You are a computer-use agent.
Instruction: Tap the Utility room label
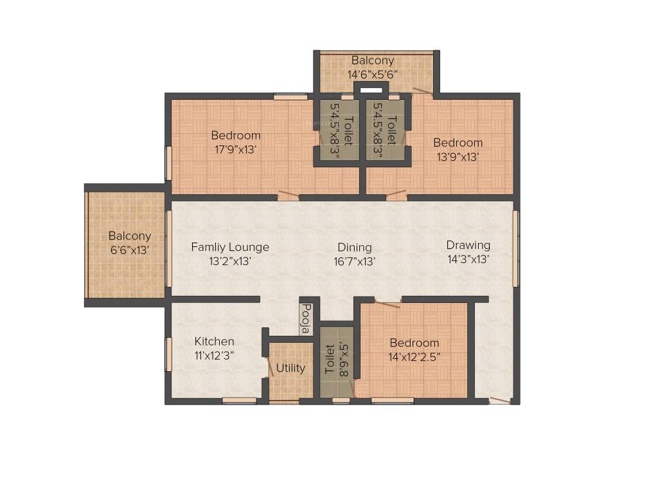(x=290, y=369)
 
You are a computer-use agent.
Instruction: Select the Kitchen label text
(x=215, y=341)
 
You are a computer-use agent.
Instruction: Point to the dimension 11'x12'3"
(x=215, y=354)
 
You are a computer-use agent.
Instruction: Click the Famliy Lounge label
(x=230, y=247)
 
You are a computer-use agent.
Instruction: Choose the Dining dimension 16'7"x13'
(x=355, y=261)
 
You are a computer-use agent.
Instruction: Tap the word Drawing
(x=468, y=245)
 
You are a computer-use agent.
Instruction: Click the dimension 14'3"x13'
(x=468, y=259)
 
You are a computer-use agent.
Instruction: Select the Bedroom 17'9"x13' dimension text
(x=236, y=150)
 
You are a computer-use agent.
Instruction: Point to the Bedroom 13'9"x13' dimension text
(x=458, y=156)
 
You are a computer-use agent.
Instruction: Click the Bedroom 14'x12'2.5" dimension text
(x=414, y=357)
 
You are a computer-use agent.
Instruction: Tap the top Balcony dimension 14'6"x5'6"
(x=373, y=74)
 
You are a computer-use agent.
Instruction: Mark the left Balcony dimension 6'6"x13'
(x=129, y=250)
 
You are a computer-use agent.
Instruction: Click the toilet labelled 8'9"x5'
(x=337, y=361)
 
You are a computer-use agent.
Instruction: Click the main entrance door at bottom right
(x=500, y=400)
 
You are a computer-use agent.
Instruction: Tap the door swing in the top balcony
(x=422, y=91)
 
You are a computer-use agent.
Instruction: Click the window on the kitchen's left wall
(x=168, y=354)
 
